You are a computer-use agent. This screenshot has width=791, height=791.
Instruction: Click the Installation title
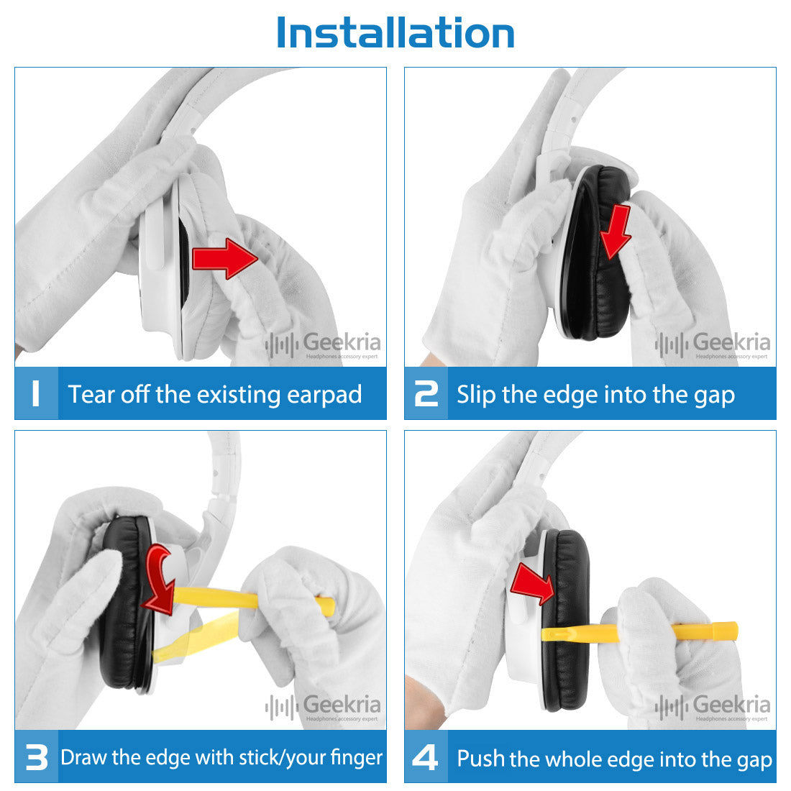coord(395,33)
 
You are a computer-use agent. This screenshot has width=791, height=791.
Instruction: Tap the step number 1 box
coord(37,393)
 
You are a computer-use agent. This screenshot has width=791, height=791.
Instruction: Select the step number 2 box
coord(426,393)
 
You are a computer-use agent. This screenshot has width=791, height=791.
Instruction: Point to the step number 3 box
coord(37,756)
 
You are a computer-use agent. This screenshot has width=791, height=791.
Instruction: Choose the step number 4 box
coord(426,756)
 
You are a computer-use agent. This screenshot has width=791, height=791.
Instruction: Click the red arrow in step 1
coord(225,258)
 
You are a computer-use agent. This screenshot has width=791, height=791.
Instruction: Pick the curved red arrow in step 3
coord(157,580)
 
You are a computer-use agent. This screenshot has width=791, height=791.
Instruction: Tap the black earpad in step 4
coord(565,621)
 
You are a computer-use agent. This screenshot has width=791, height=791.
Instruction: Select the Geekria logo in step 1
coord(323,345)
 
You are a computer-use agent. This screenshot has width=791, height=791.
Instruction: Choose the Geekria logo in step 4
coord(713,708)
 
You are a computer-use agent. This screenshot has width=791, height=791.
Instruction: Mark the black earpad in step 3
coord(126,605)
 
